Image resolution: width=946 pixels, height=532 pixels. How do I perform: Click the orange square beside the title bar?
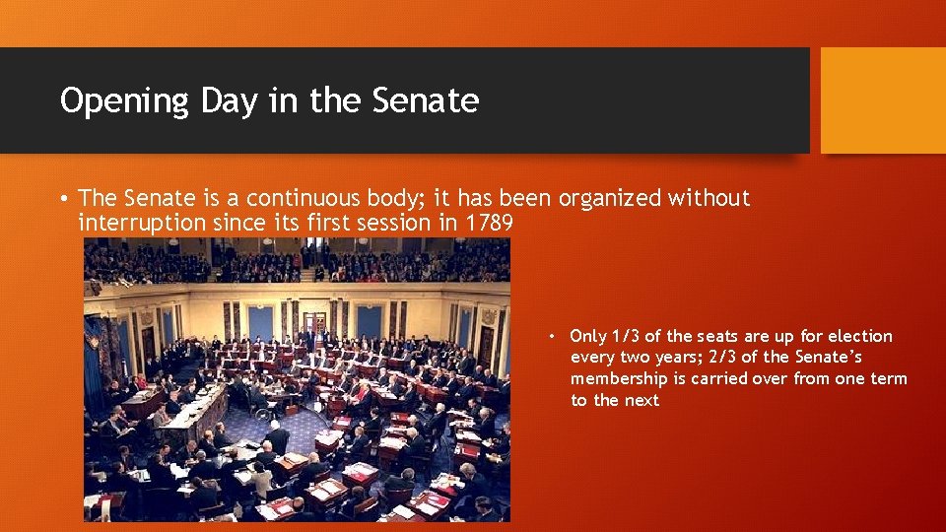click(x=882, y=100)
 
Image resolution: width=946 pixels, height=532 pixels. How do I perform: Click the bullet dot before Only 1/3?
click(x=555, y=337)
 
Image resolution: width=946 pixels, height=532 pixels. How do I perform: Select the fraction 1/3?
click(x=628, y=336)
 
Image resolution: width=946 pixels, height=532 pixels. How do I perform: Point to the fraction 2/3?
click(x=724, y=358)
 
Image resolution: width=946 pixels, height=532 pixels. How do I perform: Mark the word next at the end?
click(x=641, y=400)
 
